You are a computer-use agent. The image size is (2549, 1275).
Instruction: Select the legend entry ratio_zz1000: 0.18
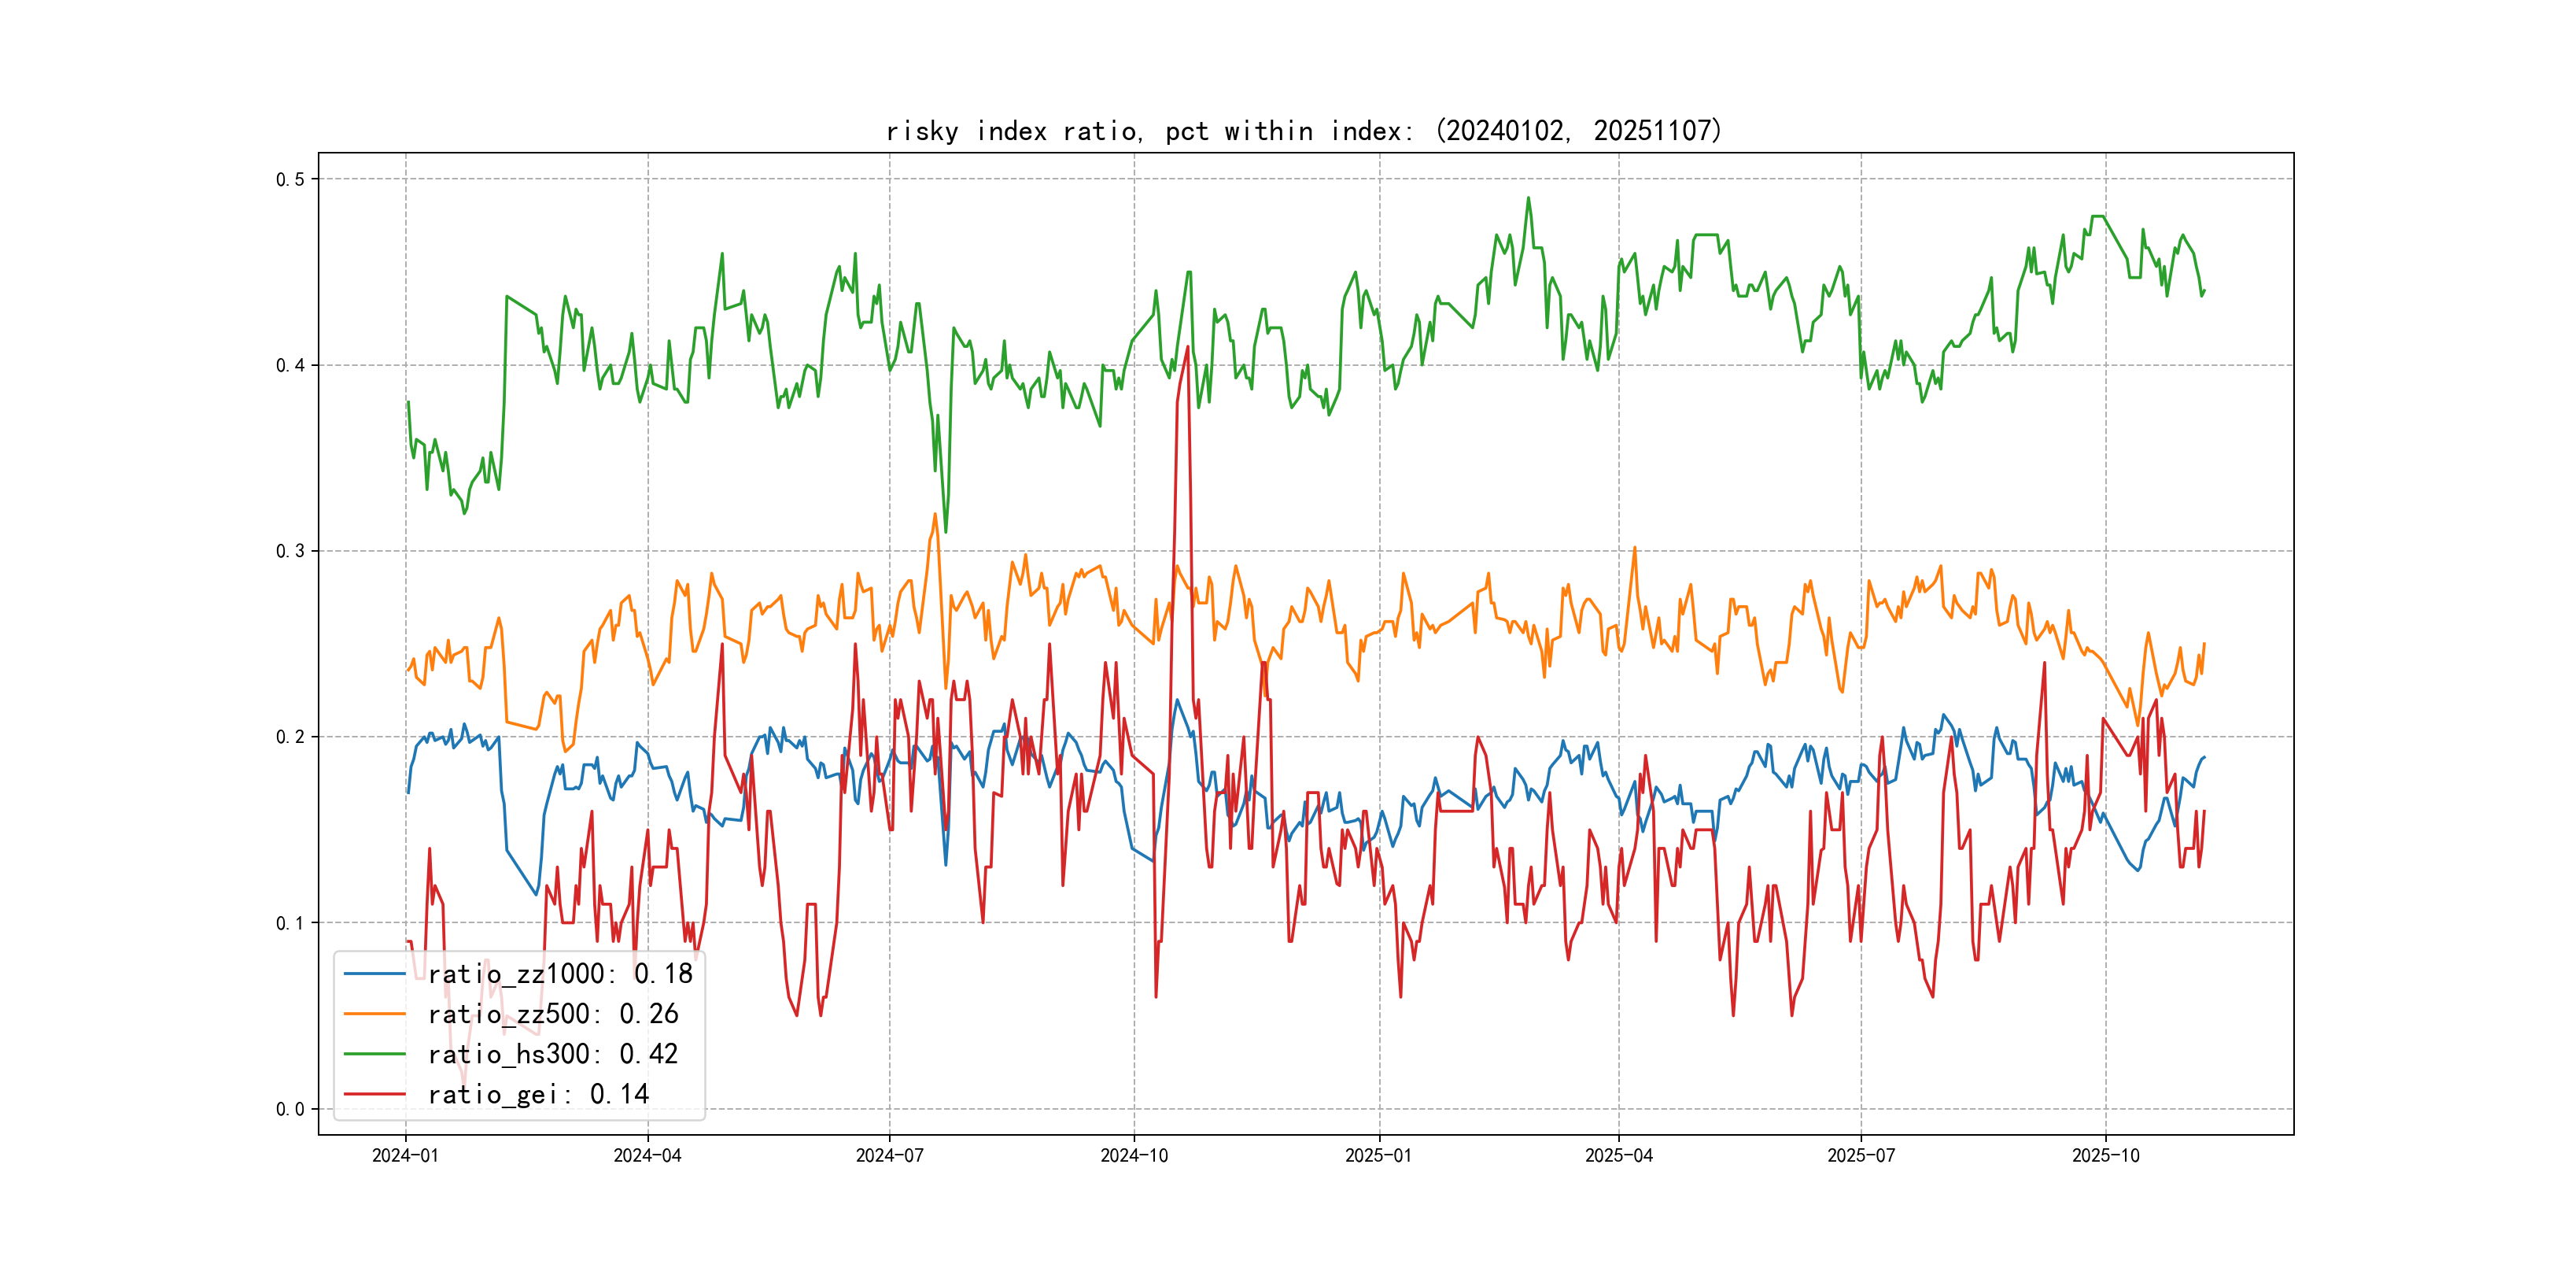click(x=560, y=974)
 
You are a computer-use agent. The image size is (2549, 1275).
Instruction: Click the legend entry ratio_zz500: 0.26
click(x=552, y=1014)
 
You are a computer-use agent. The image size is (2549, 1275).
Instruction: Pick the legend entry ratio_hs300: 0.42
click(x=552, y=1055)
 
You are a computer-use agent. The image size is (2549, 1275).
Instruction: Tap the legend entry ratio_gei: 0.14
click(x=537, y=1094)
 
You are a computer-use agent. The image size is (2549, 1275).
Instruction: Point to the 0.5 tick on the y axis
click(x=290, y=179)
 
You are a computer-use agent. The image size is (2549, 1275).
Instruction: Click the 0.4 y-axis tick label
click(x=290, y=365)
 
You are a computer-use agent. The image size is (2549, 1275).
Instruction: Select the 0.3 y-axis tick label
click(x=290, y=552)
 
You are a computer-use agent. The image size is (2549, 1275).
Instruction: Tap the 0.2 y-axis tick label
click(x=290, y=737)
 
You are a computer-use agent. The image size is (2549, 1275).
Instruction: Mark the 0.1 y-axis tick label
click(x=290, y=922)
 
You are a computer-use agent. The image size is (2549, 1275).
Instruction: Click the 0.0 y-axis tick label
click(x=290, y=1109)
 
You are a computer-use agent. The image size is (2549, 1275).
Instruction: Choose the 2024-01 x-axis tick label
click(x=404, y=1155)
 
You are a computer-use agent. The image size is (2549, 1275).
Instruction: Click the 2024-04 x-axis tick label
click(x=647, y=1155)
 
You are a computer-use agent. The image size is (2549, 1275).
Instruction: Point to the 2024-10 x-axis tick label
click(x=1134, y=1155)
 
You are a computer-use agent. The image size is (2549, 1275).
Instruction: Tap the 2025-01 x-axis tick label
click(x=1378, y=1155)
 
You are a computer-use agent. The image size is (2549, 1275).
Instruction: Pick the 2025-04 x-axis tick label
click(x=1619, y=1155)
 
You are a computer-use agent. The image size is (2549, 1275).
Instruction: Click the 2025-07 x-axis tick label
click(x=1861, y=1155)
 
